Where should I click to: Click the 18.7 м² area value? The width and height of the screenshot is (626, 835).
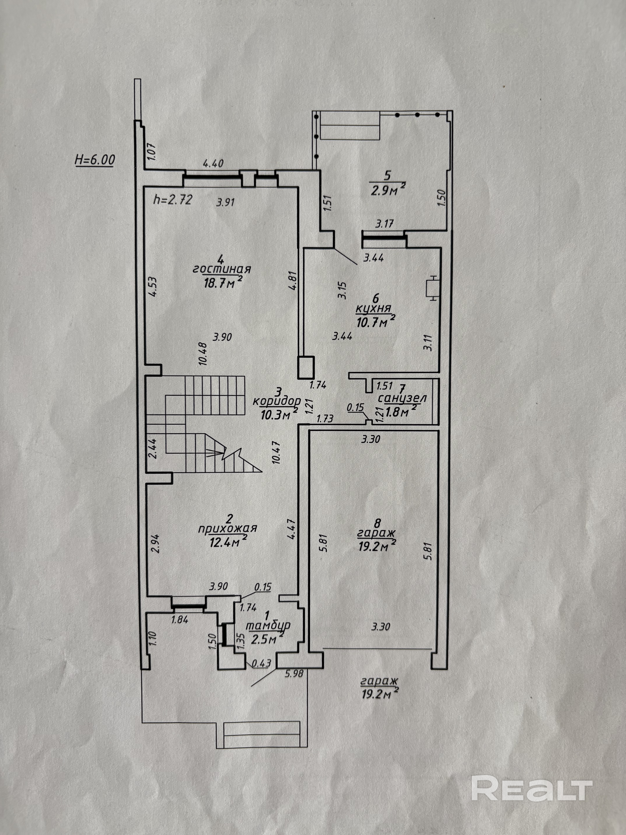point(223,282)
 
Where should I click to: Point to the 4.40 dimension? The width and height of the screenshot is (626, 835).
point(213,163)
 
